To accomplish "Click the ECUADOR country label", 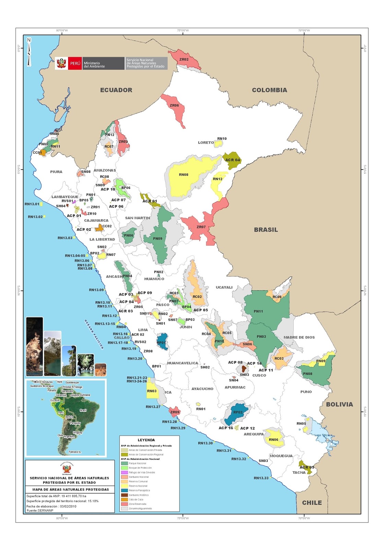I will pos(116,90).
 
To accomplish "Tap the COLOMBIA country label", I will pos(269,90).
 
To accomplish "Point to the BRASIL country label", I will pos(266,230).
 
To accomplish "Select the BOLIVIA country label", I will pos(339,405).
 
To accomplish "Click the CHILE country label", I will pos(312,503).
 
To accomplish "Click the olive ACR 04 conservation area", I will pos(232,160).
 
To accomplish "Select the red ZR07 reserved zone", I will pos(201,227).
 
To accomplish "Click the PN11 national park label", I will pos(258,312).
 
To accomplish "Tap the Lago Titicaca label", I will pos(323,435).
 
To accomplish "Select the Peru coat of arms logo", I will pos(61,63).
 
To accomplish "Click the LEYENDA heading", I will pos(146,440).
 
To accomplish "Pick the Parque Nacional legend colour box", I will pos(125,463).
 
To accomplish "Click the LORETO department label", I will pos(205,143).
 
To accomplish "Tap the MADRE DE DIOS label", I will pos(299,338).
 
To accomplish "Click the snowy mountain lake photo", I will pos(52,353).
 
